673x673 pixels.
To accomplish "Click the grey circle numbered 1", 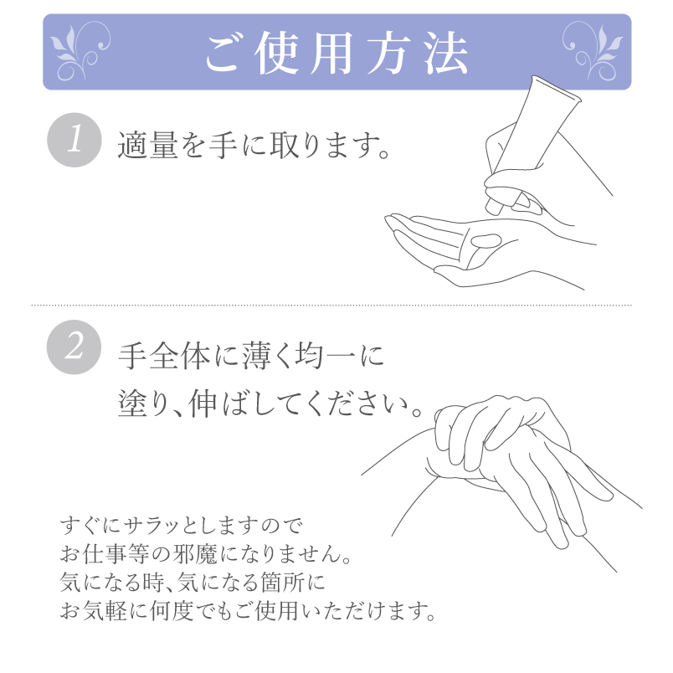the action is click(74, 140).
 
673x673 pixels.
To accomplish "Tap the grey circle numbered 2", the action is click(74, 347).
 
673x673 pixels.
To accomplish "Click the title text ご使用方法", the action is click(337, 53).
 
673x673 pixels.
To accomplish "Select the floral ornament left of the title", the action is click(80, 52).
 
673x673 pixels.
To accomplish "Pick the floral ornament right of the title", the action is click(593, 52).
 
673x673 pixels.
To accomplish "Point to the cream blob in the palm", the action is click(486, 240).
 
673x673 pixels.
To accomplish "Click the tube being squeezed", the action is click(532, 145).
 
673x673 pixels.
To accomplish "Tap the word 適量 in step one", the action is click(147, 145).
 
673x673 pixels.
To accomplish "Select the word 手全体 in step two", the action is click(164, 356).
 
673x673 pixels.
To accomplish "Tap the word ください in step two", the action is click(359, 404).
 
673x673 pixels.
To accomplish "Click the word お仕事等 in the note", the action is click(105, 554).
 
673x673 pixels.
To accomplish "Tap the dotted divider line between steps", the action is click(331, 306).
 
